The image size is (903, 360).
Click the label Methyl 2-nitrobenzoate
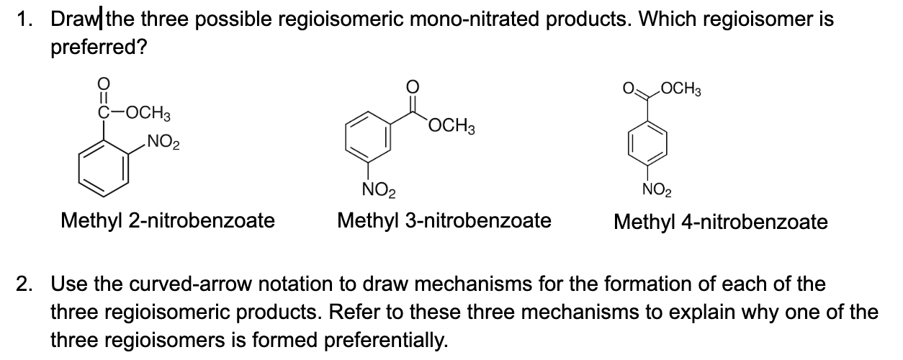tap(168, 220)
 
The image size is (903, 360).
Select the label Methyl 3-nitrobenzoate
tap(444, 220)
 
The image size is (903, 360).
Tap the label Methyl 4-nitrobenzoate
tap(720, 222)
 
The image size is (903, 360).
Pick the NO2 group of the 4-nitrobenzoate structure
tap(656, 192)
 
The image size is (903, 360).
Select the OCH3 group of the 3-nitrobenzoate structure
tap(449, 128)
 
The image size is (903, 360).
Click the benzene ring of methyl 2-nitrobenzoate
tap(103, 167)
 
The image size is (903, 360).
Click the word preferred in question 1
tap(95, 48)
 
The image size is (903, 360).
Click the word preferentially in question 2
tap(389, 337)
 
